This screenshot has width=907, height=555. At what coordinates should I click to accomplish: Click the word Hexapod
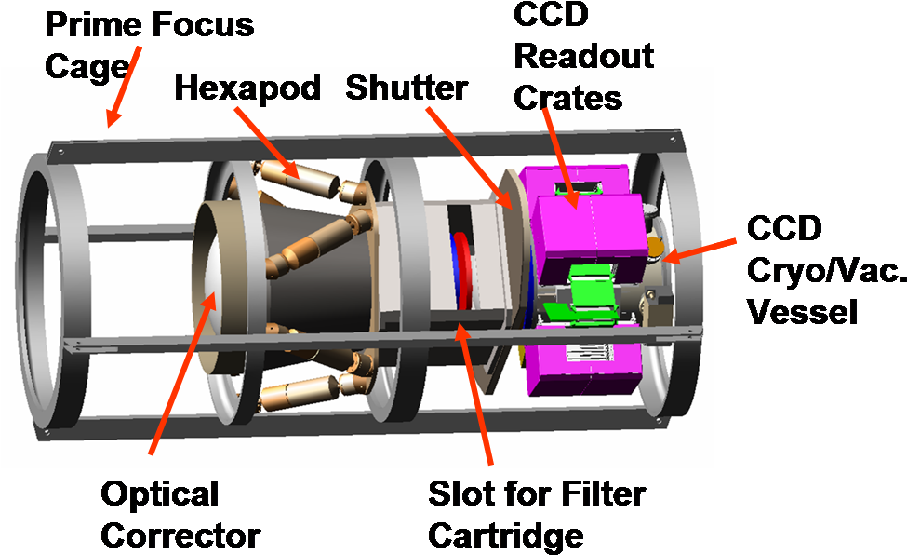[x=247, y=89]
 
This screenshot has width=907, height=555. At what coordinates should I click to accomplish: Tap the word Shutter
[x=407, y=88]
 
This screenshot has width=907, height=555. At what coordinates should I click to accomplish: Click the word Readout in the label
[x=583, y=56]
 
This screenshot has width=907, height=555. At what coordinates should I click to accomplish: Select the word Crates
[x=568, y=98]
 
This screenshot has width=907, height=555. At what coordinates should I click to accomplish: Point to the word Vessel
[x=802, y=312]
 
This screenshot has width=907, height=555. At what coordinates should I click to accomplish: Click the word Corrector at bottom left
[x=180, y=535]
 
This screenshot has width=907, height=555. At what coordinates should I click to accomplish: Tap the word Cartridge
[x=505, y=536]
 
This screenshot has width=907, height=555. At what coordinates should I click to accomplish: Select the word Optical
[x=160, y=495]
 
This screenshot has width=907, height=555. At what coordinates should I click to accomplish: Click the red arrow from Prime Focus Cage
[x=123, y=87]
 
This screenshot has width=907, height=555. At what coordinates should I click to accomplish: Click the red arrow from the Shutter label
[x=469, y=158]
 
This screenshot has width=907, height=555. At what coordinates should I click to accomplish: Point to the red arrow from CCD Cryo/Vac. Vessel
[x=699, y=250]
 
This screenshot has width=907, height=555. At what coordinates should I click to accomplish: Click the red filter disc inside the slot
[x=462, y=272]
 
